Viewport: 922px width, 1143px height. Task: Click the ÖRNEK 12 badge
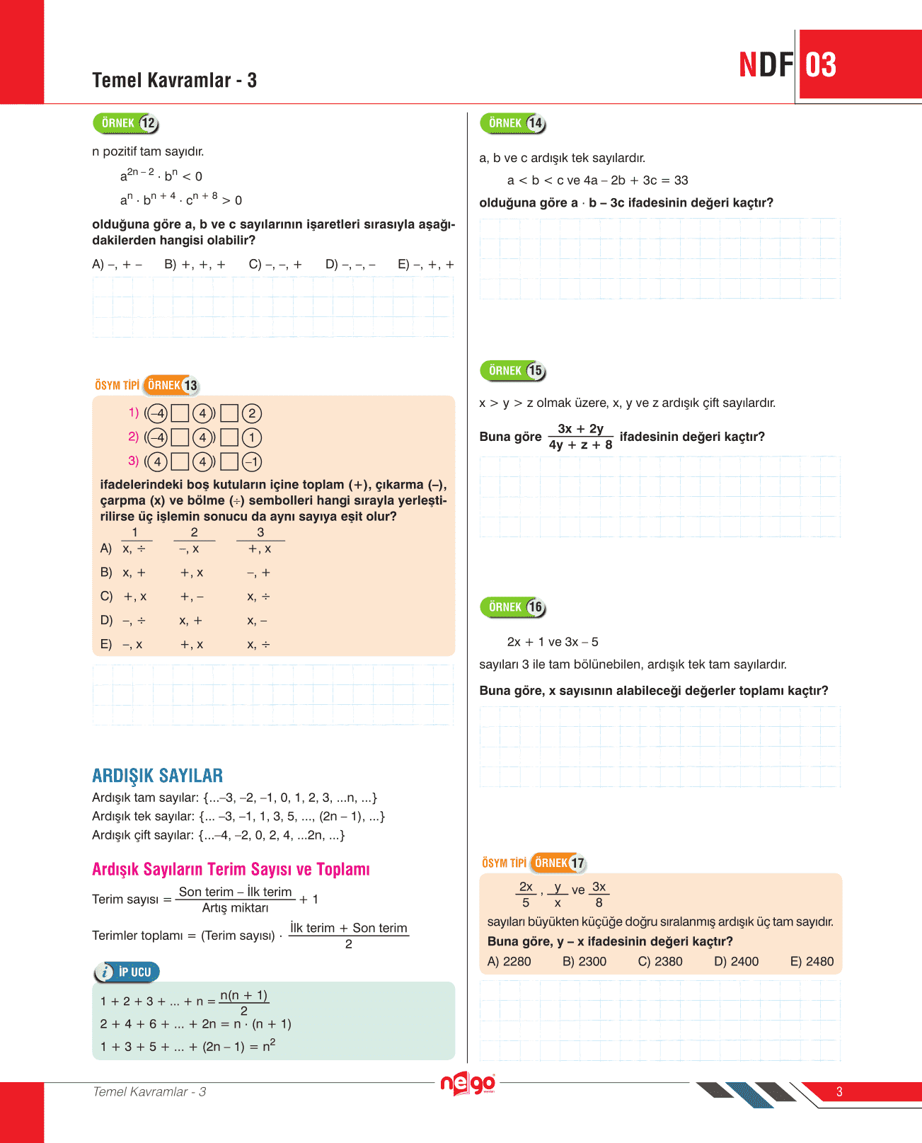click(x=126, y=124)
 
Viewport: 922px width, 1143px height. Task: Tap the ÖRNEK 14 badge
click(x=513, y=124)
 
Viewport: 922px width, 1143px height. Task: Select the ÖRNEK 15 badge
click(x=513, y=371)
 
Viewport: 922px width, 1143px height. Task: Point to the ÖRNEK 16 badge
click(x=513, y=607)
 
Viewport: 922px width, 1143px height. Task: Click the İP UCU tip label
click(x=127, y=972)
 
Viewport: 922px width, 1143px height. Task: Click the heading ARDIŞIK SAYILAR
click(x=158, y=776)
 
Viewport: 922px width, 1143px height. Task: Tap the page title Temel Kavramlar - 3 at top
click(x=174, y=81)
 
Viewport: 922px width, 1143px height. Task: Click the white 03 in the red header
click(x=821, y=65)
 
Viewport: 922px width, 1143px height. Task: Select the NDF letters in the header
click(x=766, y=65)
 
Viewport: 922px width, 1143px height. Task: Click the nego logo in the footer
click(x=468, y=1084)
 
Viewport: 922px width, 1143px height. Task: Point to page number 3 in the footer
click(x=839, y=1091)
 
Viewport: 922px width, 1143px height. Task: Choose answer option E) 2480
click(x=812, y=961)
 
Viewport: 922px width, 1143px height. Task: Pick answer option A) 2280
click(x=509, y=961)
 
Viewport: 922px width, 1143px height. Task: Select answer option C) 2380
click(x=660, y=961)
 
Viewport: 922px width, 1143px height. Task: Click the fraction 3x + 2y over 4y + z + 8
click(x=581, y=437)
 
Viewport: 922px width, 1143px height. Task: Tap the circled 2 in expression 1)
click(x=252, y=413)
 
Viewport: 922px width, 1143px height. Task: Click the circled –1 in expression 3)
click(x=252, y=462)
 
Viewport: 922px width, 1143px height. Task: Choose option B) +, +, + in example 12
click(x=195, y=265)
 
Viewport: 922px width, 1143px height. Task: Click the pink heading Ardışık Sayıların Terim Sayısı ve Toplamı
click(x=231, y=869)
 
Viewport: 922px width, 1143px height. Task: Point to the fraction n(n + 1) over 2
click(x=244, y=1002)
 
